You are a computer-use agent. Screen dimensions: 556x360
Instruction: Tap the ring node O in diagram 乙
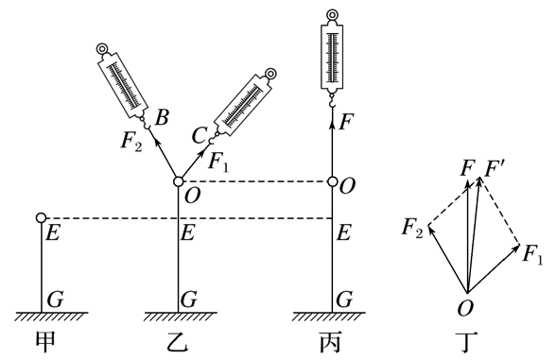tap(179, 181)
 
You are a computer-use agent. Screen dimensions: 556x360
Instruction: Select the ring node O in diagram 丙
tap(332, 181)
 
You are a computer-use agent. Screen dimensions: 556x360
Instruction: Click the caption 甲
tap(46, 342)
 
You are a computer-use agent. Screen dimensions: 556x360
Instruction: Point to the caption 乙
tap(178, 342)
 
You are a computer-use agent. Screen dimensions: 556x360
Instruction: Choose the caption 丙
tap(330, 342)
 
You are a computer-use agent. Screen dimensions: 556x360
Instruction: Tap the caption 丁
tap(468, 342)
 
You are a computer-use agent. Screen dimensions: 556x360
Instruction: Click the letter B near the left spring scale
tap(162, 117)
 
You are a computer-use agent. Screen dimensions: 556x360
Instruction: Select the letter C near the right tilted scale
tap(200, 136)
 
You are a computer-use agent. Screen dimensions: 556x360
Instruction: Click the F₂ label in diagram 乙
tap(131, 142)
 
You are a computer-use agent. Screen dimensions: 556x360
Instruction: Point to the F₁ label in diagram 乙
tap(218, 162)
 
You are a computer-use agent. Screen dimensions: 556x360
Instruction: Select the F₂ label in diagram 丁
tap(412, 228)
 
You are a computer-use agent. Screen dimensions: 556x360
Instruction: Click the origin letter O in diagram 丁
tap(465, 308)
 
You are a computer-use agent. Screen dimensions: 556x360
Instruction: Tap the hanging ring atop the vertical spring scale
tap(332, 15)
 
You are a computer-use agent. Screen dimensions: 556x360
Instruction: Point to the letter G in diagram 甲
tap(55, 300)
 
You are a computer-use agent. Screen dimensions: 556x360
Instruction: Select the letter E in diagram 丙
tap(343, 233)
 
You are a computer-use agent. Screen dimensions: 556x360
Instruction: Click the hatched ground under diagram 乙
tap(180, 317)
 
